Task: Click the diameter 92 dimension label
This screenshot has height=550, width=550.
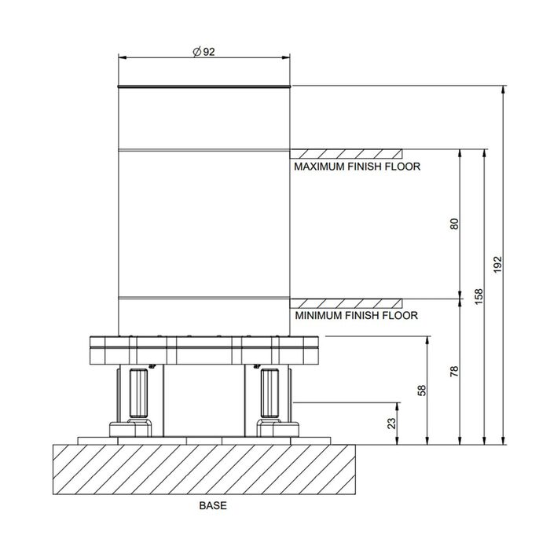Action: pos(203,52)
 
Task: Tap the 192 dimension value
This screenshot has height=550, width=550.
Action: pos(497,265)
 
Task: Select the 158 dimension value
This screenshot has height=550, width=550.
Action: pos(478,296)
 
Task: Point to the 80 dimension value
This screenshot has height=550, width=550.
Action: pos(454,224)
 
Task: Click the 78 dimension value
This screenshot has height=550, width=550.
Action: pos(454,371)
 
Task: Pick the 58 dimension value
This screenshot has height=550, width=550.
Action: pos(422,390)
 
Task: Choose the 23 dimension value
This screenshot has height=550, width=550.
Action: pos(391,423)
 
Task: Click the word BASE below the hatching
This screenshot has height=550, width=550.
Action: pos(213,505)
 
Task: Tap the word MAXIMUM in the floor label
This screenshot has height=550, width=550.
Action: pos(319,167)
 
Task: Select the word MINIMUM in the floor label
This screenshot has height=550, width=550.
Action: pos(318,316)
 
